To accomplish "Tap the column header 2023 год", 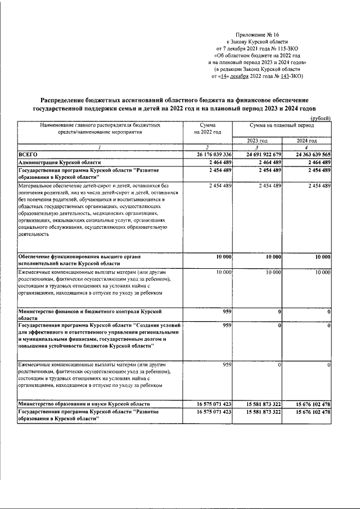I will pos(257,141).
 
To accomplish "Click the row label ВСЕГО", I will pos(28,154).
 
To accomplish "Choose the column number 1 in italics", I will pos(101,147).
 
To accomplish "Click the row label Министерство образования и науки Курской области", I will pos(84,404).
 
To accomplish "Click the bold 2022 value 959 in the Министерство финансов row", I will pos(227,311).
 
